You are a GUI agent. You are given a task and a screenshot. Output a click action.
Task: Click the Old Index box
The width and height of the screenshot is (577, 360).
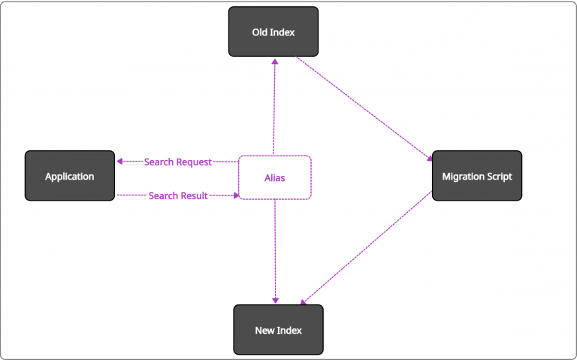tap(273, 32)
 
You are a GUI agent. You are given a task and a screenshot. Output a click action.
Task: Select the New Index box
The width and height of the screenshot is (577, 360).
tap(279, 330)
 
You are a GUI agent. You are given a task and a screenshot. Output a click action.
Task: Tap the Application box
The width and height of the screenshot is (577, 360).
tap(70, 176)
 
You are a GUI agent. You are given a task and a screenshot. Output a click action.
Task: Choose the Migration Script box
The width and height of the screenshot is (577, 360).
tap(477, 176)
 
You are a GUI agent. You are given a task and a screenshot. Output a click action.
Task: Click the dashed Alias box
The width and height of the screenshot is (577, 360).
tap(275, 178)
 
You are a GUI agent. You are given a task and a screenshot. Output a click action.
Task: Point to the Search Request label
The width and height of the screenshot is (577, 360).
tap(178, 162)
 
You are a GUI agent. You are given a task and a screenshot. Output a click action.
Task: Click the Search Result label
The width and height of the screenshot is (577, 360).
tap(178, 195)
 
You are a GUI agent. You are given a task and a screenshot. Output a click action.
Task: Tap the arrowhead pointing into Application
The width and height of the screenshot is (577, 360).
tap(119, 162)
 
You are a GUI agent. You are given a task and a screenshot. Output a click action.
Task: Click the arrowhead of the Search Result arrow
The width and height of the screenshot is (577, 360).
tap(236, 195)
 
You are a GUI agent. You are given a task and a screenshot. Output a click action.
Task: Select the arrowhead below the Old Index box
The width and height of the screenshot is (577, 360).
tap(275, 62)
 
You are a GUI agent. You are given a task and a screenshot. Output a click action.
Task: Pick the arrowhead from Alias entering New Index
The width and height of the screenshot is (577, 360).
tap(275, 301)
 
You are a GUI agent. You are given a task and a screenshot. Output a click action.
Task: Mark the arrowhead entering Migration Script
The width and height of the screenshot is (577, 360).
tap(430, 159)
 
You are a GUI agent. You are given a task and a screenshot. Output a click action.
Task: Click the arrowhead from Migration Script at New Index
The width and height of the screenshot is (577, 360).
tap(303, 303)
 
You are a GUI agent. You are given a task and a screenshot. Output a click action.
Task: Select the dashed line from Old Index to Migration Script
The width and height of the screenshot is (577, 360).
tap(364, 109)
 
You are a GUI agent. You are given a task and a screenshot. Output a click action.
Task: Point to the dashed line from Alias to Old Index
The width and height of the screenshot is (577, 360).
tap(274, 107)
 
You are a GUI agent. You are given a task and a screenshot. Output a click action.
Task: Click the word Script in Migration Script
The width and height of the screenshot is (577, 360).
tap(499, 177)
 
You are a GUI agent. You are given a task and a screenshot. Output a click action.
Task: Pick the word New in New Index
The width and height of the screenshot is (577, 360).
tap(264, 330)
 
